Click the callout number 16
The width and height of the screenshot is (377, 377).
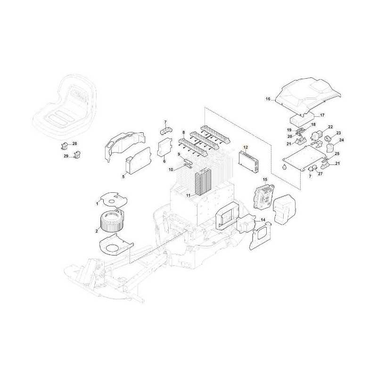(x=267, y=99)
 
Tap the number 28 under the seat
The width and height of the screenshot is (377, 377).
(x=74, y=143)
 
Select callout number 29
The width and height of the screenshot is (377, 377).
(x=66, y=156)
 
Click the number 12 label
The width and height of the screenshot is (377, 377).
(x=245, y=148)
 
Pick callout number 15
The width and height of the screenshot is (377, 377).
(x=265, y=180)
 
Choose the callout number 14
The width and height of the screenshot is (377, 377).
(x=262, y=220)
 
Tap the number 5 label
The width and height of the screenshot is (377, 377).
(x=123, y=177)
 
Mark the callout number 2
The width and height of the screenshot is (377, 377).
(x=97, y=230)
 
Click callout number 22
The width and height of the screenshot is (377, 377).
(x=330, y=127)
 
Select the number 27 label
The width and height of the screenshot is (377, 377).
(x=320, y=174)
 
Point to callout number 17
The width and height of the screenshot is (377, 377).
(x=322, y=115)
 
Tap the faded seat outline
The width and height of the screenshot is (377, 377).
(x=64, y=101)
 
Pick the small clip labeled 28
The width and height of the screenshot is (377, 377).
(x=65, y=143)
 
